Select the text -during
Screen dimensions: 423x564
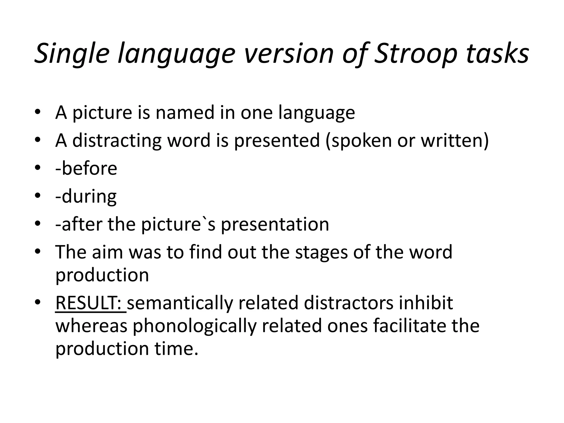tap(86, 196)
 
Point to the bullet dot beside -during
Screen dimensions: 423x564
tap(37, 195)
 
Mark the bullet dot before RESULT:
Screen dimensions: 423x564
tap(37, 302)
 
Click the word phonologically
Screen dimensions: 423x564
tap(194, 326)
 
